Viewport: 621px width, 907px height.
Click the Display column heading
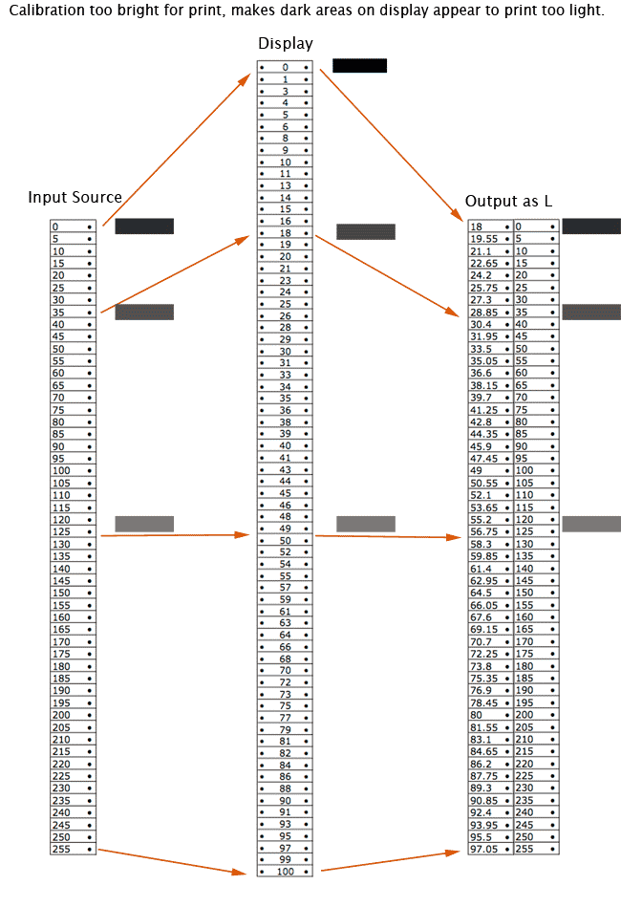pos(285,44)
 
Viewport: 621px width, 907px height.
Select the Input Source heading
pos(75,198)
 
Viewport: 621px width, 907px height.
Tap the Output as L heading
pos(508,202)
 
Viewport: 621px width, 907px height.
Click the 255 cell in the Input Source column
pos(62,849)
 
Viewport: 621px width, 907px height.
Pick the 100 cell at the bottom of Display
pos(285,872)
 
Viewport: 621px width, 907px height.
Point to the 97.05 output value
pos(484,849)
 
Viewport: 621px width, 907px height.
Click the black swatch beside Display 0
pos(359,66)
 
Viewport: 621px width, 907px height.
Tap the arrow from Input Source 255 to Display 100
pos(172,860)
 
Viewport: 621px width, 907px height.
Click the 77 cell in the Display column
pos(285,718)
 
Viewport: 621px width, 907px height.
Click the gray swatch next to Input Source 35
pos(144,313)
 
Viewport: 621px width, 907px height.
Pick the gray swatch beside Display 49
pos(365,524)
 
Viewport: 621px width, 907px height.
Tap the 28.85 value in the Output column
pos(484,312)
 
